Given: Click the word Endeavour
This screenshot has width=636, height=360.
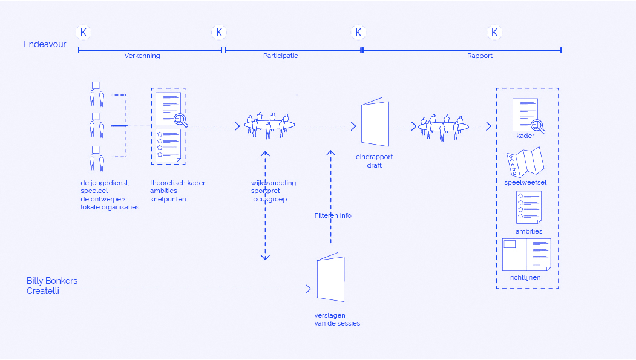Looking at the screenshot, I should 45,44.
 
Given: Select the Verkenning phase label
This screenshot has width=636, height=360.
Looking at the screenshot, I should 142,56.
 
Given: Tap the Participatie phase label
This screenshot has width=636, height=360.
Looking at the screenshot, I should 280,56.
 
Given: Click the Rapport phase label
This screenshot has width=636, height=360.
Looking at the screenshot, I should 480,56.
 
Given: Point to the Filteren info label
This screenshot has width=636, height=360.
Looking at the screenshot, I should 333,215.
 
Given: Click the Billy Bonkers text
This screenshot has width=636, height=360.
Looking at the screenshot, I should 52,281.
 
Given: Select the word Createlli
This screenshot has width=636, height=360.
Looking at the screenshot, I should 43,291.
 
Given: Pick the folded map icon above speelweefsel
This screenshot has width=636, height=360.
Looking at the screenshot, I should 526,162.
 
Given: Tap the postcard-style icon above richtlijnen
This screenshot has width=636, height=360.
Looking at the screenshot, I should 526,255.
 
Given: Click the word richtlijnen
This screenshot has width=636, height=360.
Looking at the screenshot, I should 525,277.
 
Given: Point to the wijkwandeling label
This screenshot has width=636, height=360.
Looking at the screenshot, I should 274,183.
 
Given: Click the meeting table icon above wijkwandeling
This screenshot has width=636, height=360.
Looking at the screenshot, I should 270,125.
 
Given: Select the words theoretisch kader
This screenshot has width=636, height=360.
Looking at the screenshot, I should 177,183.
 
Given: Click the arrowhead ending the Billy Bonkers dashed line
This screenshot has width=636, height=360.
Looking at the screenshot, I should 308,289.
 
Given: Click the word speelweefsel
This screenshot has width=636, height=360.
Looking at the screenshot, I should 525,182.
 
